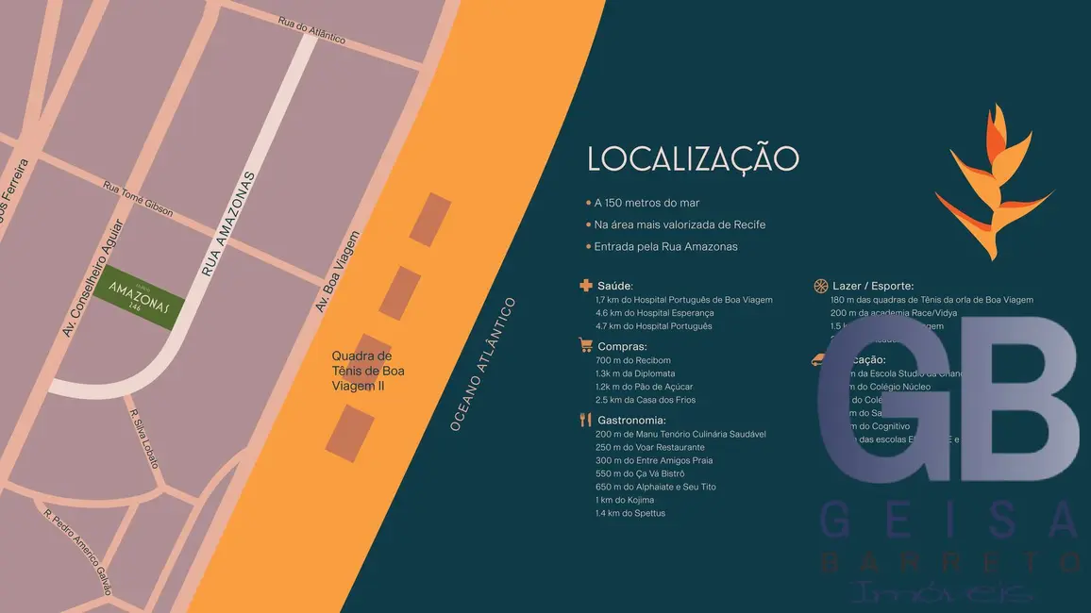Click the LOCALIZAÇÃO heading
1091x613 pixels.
[693, 158]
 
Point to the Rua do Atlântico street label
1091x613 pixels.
[312, 30]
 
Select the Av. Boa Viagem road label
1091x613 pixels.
[338, 272]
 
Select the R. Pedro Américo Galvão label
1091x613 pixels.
[78, 552]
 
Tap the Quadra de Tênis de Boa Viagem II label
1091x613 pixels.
[368, 371]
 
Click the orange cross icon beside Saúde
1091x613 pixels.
[586, 286]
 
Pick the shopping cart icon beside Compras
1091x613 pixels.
[586, 346]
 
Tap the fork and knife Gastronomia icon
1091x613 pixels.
[586, 420]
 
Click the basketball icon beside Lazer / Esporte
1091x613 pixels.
[820, 286]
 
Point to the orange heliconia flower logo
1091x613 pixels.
[992, 184]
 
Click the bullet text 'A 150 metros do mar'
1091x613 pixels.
[646, 203]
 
